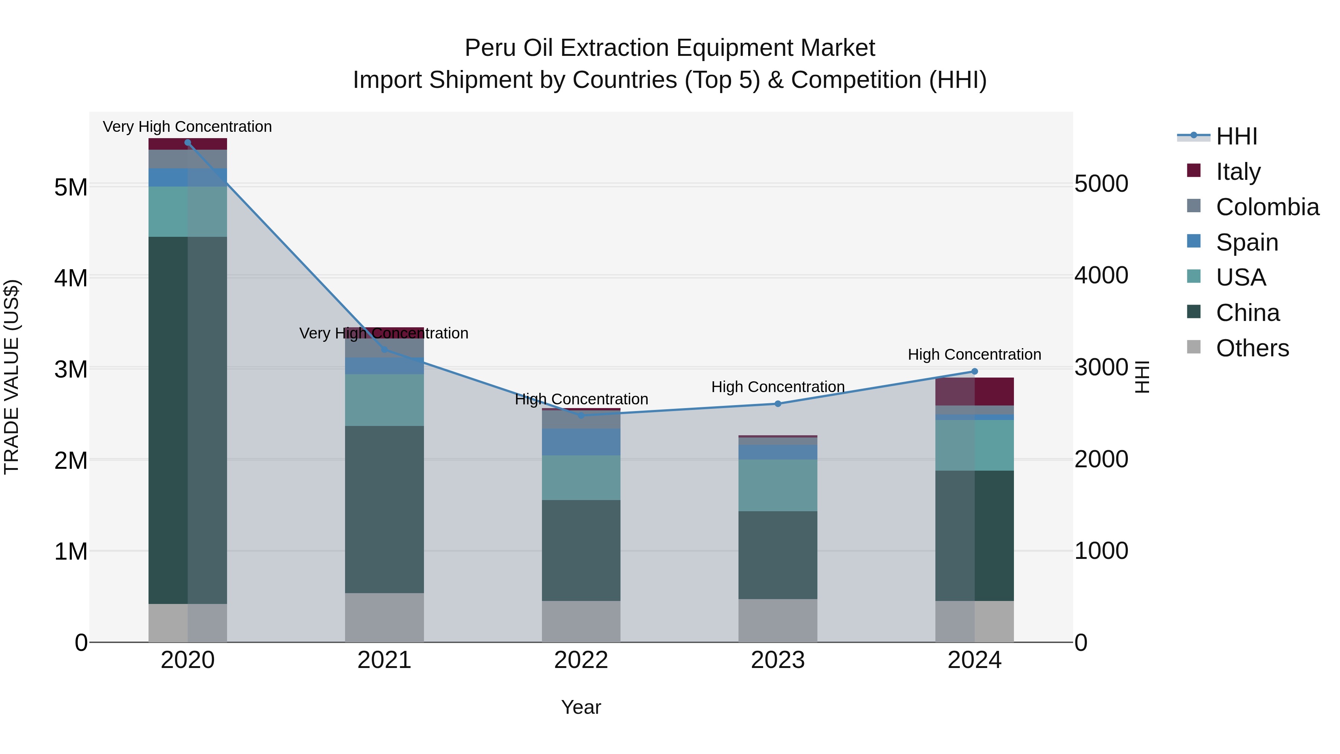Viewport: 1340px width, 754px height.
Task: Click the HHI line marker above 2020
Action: (x=188, y=143)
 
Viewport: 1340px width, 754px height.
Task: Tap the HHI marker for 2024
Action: (x=974, y=372)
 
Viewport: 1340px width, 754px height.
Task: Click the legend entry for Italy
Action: (x=1238, y=172)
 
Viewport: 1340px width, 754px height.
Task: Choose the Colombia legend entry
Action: (x=1267, y=207)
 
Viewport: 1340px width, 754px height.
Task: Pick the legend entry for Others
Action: (x=1252, y=348)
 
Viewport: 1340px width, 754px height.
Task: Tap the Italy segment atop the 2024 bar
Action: (x=974, y=391)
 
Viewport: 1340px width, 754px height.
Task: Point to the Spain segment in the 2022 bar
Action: (x=581, y=442)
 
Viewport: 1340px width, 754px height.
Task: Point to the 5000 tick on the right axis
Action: (x=1101, y=184)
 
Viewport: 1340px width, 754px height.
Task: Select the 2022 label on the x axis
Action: (x=581, y=660)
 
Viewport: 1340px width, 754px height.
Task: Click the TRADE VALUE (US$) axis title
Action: (x=12, y=377)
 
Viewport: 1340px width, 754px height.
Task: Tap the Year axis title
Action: (x=581, y=707)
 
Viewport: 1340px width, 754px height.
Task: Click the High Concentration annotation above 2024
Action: (x=974, y=355)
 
